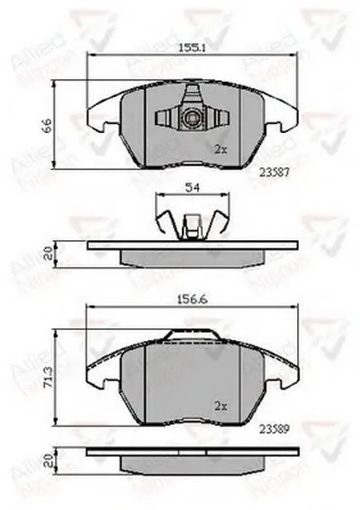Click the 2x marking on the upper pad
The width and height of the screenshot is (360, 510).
point(221,148)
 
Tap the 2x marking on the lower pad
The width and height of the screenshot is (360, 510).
point(220,404)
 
